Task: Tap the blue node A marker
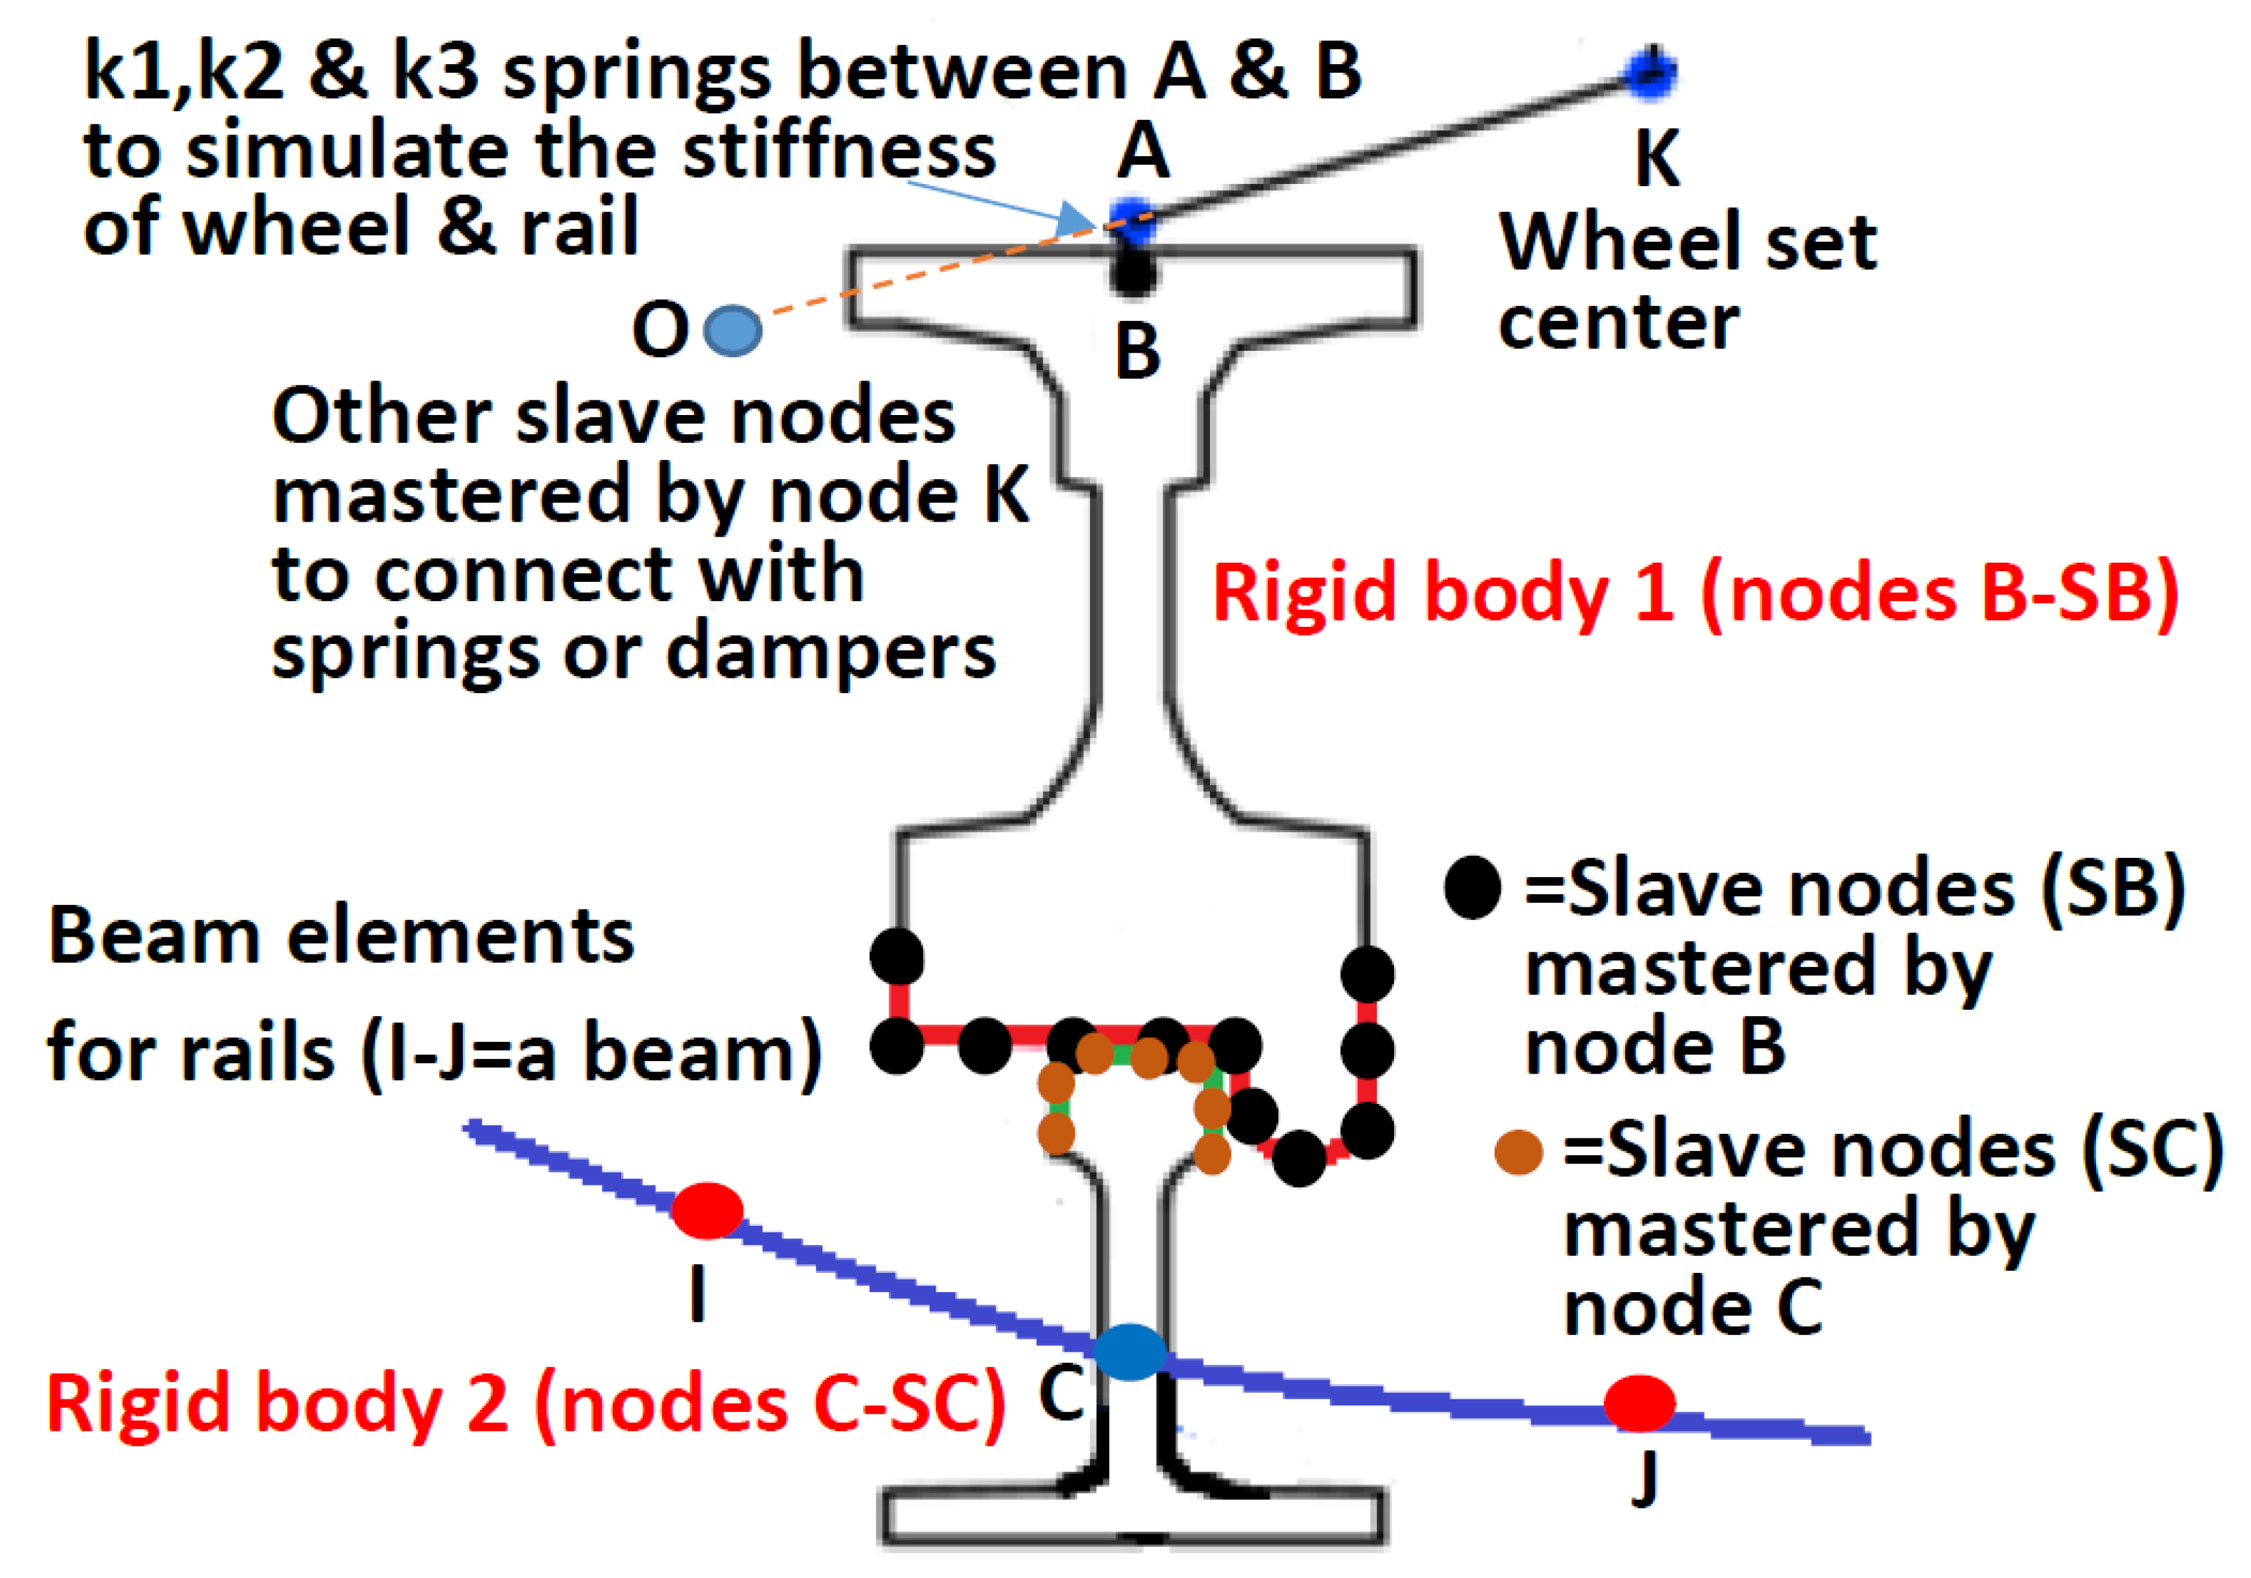tap(1132, 220)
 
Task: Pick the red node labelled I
tap(706, 1211)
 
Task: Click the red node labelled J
tap(1638, 1403)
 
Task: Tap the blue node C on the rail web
tap(1129, 1352)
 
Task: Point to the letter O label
tap(660, 330)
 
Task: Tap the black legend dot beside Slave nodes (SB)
tap(1472, 887)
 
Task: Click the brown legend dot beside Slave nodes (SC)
tap(1519, 1152)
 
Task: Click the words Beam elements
tap(340, 936)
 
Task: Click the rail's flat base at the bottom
tap(1132, 1516)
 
